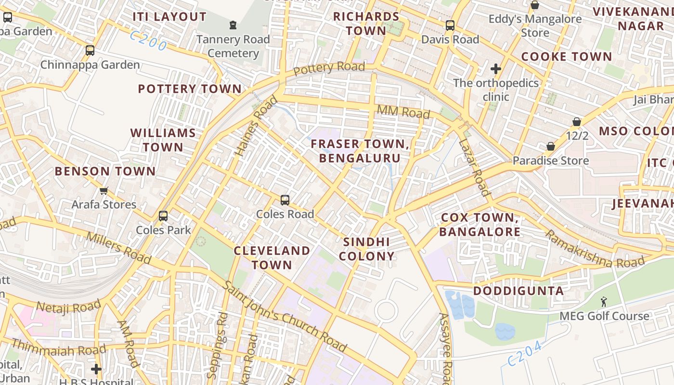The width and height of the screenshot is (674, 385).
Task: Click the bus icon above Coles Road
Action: tap(285, 200)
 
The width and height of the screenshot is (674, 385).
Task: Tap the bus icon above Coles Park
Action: tap(163, 216)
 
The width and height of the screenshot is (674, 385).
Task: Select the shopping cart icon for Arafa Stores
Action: tap(104, 191)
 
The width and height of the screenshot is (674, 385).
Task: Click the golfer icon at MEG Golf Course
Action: tap(604, 302)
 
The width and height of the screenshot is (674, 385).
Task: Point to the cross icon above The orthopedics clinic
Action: tap(496, 69)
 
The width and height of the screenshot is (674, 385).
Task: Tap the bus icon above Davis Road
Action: tap(450, 26)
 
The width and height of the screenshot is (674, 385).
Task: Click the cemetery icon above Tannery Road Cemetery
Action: tap(233, 25)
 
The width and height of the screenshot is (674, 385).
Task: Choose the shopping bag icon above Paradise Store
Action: tap(551, 146)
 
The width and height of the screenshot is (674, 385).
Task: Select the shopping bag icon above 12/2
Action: tap(577, 122)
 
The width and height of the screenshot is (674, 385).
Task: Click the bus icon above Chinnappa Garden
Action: tap(90, 50)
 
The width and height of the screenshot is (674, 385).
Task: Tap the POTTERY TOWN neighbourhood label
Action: tap(190, 89)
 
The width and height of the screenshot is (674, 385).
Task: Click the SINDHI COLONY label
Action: tap(366, 249)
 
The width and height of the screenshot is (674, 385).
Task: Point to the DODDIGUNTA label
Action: tap(518, 291)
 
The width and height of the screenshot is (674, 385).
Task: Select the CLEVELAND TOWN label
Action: tap(272, 257)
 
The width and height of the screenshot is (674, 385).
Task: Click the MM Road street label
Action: tap(403, 112)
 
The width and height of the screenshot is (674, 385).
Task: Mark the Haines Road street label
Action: tap(256, 126)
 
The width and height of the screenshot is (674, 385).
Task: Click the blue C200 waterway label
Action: tap(148, 41)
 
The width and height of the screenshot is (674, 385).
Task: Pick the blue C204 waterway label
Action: tap(525, 354)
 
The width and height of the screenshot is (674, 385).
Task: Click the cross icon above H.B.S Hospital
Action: tap(96, 369)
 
